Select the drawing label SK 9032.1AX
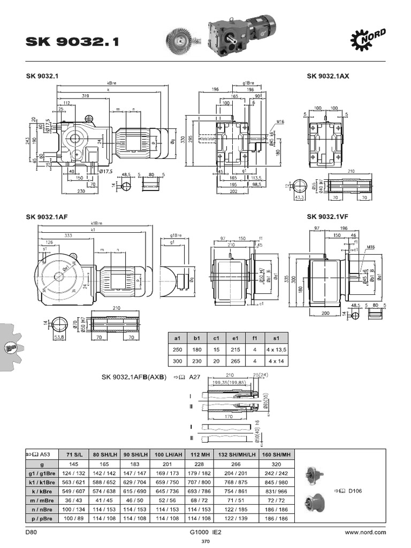pos(328,76)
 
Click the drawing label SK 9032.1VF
pos(328,217)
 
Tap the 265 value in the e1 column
pos(234,361)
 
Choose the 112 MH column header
pos(197,454)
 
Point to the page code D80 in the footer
pos(31,532)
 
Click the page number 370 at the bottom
pos(205,542)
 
